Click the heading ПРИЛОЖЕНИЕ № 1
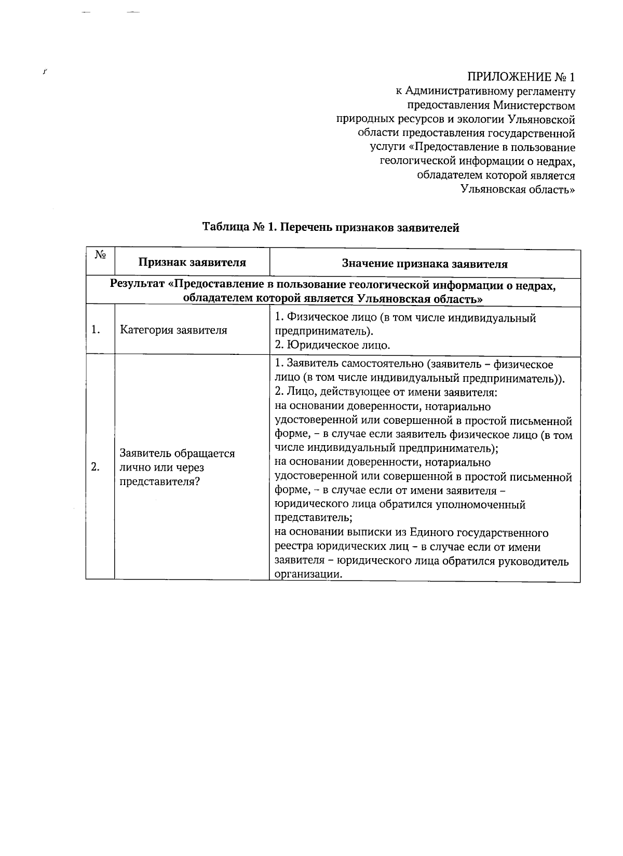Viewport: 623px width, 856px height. coord(521,78)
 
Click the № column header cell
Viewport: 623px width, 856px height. coord(100,255)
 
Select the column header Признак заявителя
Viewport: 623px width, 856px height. coord(192,263)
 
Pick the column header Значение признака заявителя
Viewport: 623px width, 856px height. coord(424,264)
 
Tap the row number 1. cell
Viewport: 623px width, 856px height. coord(96,330)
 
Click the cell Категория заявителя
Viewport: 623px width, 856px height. coord(173,330)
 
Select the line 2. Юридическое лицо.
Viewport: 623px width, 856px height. coord(332,345)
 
